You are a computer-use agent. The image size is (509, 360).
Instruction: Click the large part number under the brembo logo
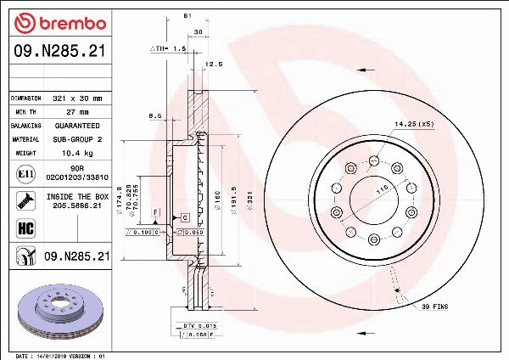click(x=59, y=52)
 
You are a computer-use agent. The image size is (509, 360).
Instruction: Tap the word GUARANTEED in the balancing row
click(x=77, y=126)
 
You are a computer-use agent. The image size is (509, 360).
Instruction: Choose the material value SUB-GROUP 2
click(x=77, y=138)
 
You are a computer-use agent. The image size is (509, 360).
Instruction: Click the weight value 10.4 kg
click(x=77, y=153)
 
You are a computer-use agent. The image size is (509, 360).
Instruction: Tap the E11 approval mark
click(x=26, y=174)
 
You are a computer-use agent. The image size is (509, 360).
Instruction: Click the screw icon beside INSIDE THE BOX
click(x=26, y=201)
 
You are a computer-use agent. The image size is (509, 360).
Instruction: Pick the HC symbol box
click(x=26, y=228)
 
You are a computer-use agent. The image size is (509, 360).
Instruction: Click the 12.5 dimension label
click(x=214, y=64)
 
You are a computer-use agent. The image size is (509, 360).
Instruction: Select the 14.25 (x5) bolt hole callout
click(x=414, y=124)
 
